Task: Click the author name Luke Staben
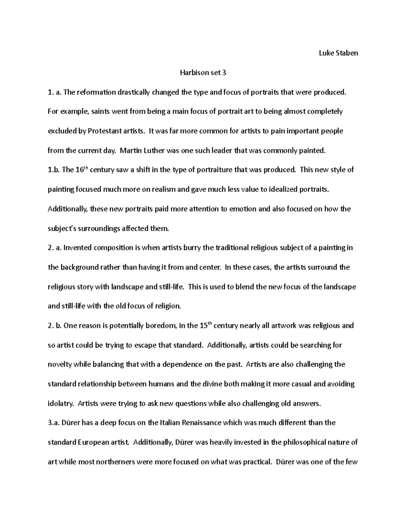[338, 53]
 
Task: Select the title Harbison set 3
[203, 72]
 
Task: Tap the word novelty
[60, 365]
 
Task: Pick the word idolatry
[60, 404]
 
